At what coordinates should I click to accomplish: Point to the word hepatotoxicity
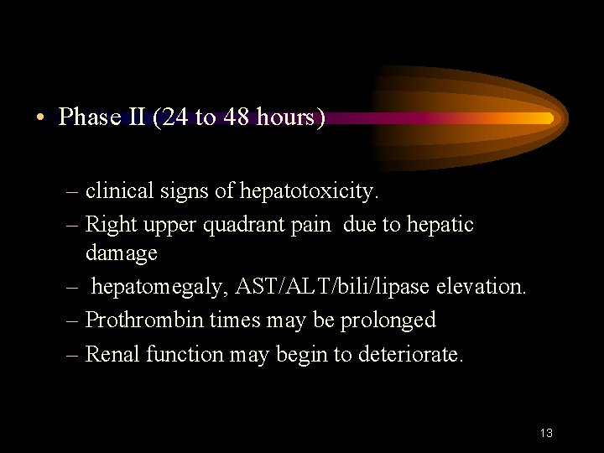(310, 191)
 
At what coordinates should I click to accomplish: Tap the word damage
(122, 252)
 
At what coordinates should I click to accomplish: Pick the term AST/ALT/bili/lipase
(331, 286)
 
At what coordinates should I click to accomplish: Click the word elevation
(480, 286)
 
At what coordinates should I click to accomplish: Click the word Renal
(113, 354)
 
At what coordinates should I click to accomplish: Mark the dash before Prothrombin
(74, 320)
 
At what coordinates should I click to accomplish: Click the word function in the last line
(185, 354)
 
